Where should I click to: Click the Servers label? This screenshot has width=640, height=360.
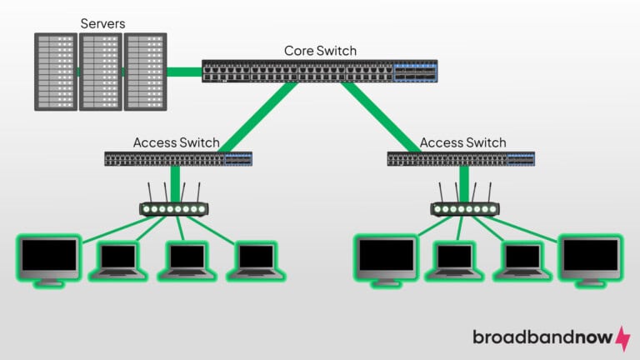[102, 23]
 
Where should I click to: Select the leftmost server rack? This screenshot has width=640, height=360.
[55, 72]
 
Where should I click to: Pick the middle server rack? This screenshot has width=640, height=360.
[100, 72]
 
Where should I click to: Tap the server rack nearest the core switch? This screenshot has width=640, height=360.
[145, 72]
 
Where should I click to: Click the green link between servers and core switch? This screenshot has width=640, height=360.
[183, 72]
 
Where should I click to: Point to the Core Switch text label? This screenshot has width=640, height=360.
[320, 51]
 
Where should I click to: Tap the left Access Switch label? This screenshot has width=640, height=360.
[177, 142]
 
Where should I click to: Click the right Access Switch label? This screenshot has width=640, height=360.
[462, 142]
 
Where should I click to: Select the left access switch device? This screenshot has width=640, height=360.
[177, 158]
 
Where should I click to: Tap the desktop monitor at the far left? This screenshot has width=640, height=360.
[50, 259]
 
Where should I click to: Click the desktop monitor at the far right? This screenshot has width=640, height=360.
[591, 260]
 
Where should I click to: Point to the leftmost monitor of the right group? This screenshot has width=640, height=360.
[386, 259]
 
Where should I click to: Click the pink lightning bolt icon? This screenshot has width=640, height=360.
[622, 337]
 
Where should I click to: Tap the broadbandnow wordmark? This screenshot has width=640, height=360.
[542, 337]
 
